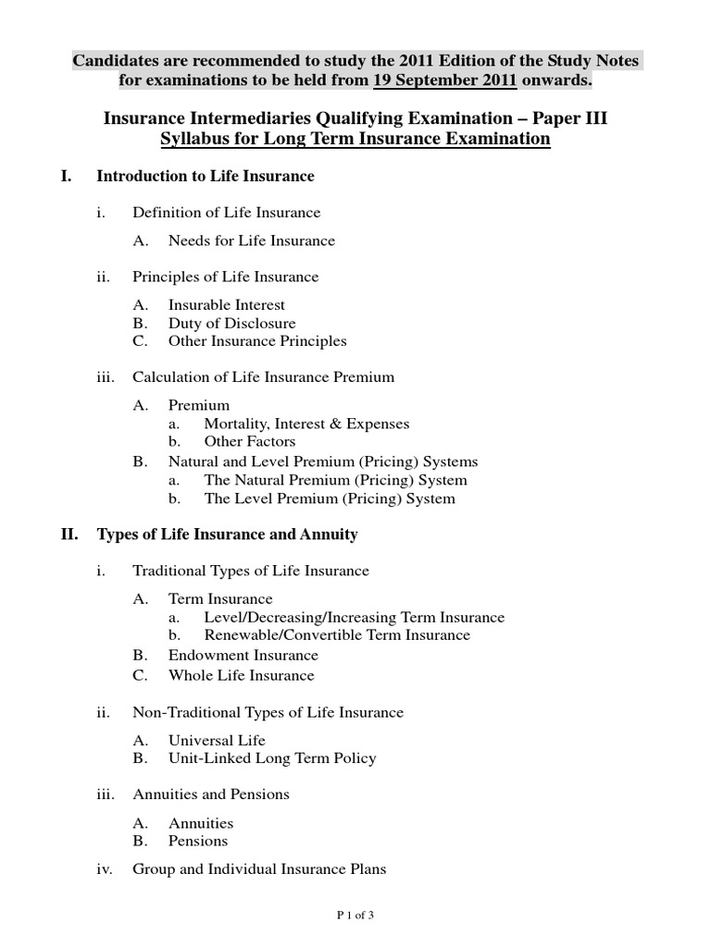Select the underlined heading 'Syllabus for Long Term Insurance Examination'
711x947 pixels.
point(355,139)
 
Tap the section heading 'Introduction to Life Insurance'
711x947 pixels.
point(206,176)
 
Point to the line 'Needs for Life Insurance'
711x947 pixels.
point(252,240)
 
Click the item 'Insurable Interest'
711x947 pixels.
point(227,304)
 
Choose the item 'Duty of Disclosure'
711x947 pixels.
point(232,323)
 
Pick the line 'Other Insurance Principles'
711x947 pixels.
point(257,340)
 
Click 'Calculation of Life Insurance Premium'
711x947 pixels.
point(264,376)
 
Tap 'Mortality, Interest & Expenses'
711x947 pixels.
point(306,424)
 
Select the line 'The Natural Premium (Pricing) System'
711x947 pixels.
point(335,480)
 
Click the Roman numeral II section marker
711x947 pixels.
point(68,535)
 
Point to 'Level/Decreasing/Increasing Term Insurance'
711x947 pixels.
point(355,617)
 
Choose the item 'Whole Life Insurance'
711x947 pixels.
point(242,675)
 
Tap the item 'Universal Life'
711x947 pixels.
point(217,740)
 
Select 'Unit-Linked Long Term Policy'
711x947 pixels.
point(272,758)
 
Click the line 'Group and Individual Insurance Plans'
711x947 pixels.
point(260,869)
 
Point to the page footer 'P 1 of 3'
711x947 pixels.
point(355,916)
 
